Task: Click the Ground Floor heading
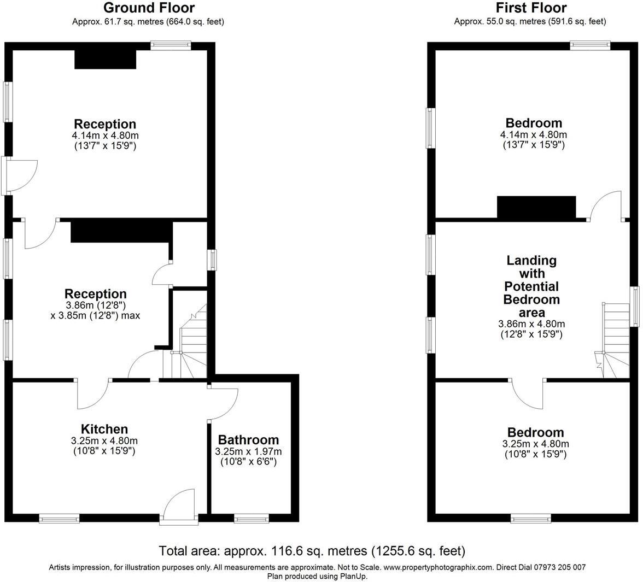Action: (148, 8)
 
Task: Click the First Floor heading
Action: (530, 8)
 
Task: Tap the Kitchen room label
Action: (104, 429)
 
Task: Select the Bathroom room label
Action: (248, 440)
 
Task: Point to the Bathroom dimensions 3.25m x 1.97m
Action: (248, 451)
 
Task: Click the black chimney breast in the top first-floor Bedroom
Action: (536, 208)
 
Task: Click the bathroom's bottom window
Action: (252, 518)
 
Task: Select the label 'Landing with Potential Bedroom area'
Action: (531, 286)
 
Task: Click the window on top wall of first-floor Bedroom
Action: (591, 46)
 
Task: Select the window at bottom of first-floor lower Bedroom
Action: (531, 518)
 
